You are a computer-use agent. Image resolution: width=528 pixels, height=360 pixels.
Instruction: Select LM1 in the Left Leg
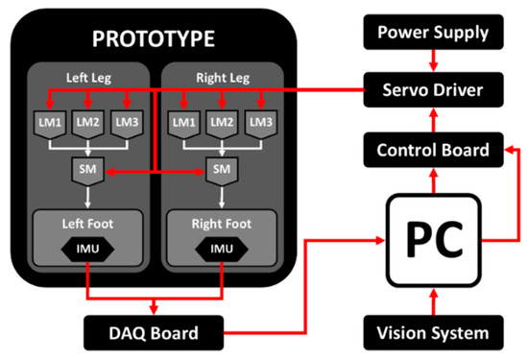(x=50, y=123)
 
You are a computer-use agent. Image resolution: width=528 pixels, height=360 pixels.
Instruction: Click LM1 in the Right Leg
(x=183, y=123)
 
